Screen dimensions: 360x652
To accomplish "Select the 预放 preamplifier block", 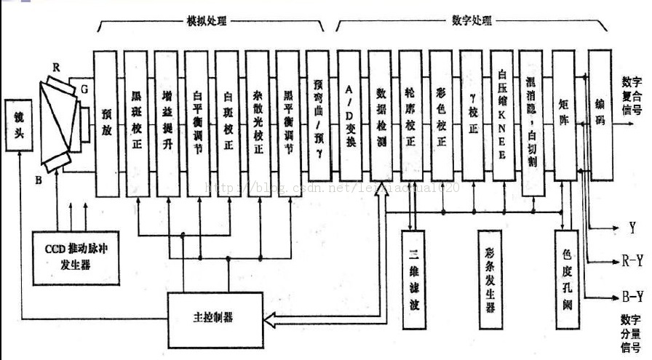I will click(x=107, y=124).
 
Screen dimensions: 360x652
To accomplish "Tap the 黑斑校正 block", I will click(x=137, y=124).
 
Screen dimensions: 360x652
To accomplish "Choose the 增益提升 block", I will click(x=167, y=124).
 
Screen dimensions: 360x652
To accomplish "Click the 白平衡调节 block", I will click(x=197, y=124).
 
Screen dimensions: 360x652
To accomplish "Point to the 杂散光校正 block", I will click(x=258, y=124).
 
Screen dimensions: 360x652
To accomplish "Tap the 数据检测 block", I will click(x=381, y=116).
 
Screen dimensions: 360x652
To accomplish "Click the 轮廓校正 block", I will click(x=411, y=116).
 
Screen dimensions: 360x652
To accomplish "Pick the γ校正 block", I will click(x=472, y=116).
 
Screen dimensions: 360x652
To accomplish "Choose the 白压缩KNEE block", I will click(x=503, y=116).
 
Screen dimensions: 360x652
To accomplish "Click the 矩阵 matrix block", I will click(x=563, y=116).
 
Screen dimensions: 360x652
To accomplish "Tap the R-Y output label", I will click(x=632, y=260).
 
